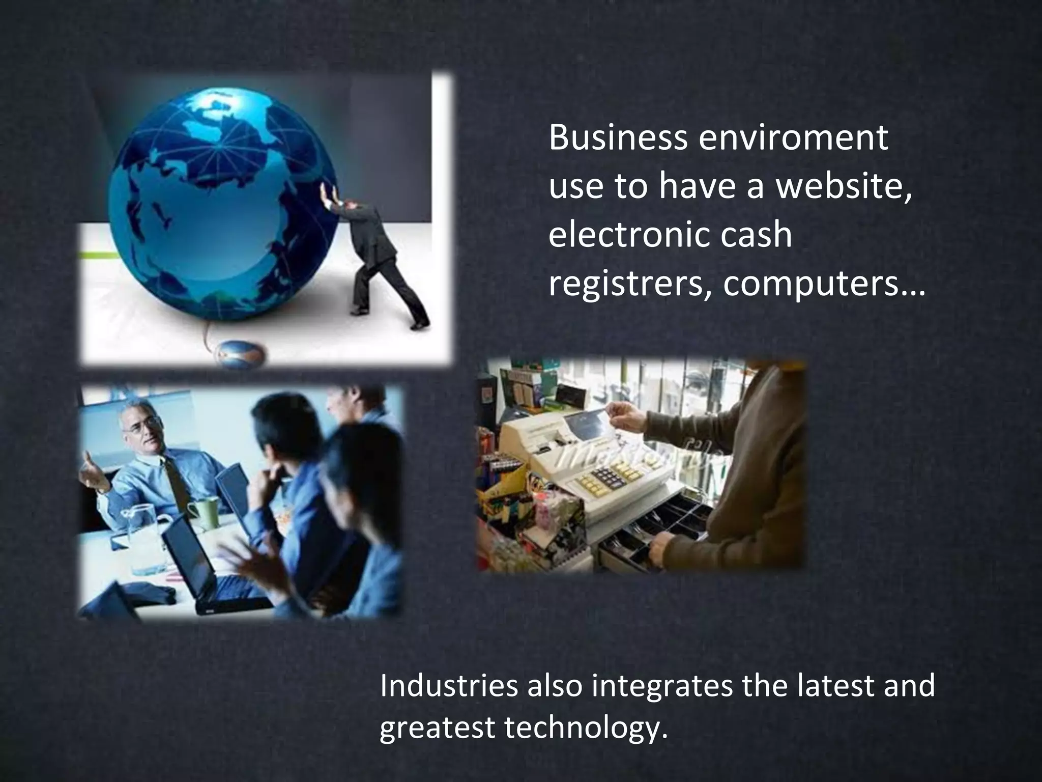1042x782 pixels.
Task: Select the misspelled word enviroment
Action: coord(793,138)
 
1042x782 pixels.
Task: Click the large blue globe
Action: coord(224,204)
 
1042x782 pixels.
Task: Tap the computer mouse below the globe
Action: coord(242,352)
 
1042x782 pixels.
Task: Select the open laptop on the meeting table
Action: coord(204,570)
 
